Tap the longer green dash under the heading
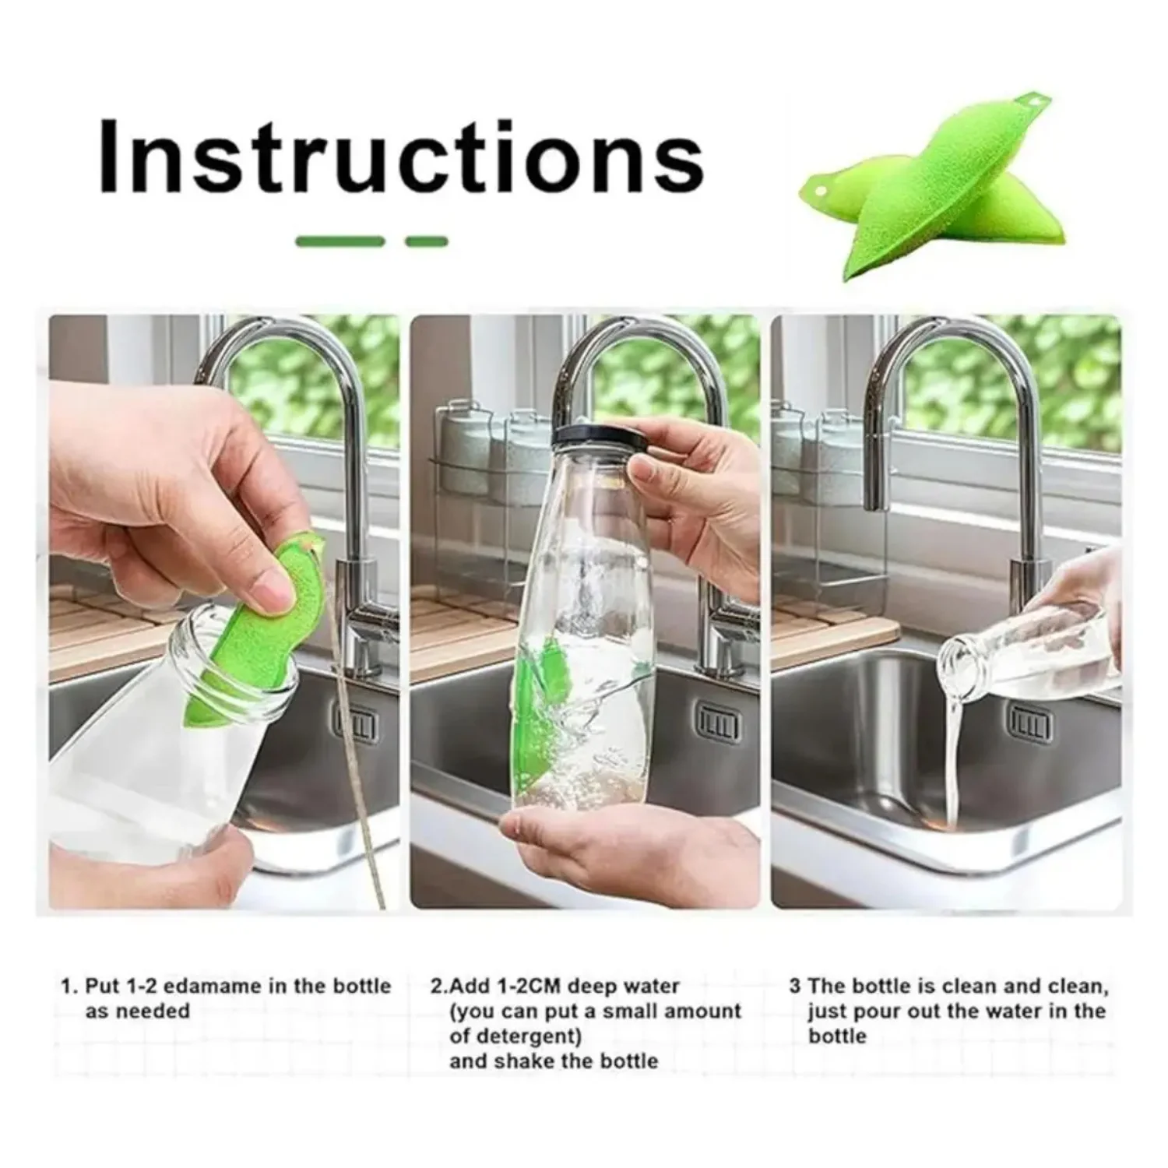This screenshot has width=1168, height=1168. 340,241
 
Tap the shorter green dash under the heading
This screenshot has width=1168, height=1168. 427,241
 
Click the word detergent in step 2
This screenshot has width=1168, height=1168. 526,1036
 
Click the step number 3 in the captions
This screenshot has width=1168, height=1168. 794,987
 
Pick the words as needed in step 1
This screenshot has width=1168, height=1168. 137,1011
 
